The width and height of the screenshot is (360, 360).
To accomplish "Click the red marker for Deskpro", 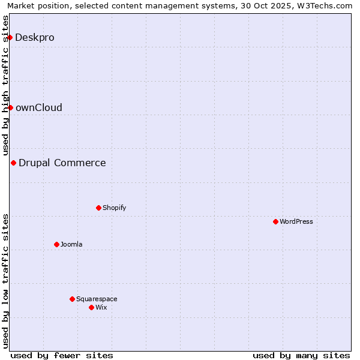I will click(x=10, y=37).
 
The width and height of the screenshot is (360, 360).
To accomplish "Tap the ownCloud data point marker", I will click(x=10, y=107).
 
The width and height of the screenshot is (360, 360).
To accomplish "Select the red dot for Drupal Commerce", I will click(x=13, y=163).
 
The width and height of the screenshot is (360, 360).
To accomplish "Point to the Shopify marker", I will click(x=98, y=208).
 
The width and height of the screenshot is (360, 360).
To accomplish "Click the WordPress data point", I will click(x=275, y=221).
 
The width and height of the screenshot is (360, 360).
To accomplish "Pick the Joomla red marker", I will click(x=56, y=244).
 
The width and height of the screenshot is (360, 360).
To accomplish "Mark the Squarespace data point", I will click(x=72, y=299).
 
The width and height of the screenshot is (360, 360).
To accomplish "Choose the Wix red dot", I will click(x=91, y=307).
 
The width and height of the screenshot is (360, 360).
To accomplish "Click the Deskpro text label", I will click(x=35, y=37).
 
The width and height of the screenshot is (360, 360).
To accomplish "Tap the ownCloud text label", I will click(x=39, y=107).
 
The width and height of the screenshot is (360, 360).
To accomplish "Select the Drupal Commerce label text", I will click(x=62, y=163).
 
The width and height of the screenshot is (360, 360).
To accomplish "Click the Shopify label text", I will click(x=114, y=208).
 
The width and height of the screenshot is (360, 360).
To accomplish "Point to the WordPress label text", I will click(x=296, y=221).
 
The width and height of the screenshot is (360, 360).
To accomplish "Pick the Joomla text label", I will click(x=71, y=244).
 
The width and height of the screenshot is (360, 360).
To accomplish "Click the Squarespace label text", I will click(x=97, y=299).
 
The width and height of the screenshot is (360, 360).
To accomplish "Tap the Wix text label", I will click(x=101, y=307).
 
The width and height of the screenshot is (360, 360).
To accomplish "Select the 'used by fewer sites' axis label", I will click(x=62, y=355).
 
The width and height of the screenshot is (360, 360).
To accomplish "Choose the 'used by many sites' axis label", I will click(x=301, y=355).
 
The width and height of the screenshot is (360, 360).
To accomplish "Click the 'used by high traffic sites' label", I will click(x=6, y=86).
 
